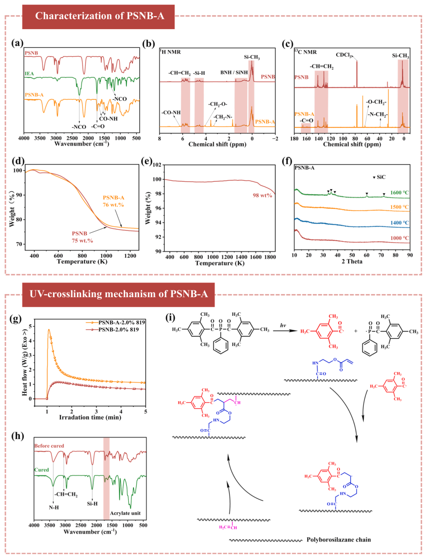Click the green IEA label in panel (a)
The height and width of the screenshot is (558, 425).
[29, 74]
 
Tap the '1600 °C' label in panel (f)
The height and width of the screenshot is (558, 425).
[401, 192]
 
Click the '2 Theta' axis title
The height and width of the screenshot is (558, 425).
[351, 262]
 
